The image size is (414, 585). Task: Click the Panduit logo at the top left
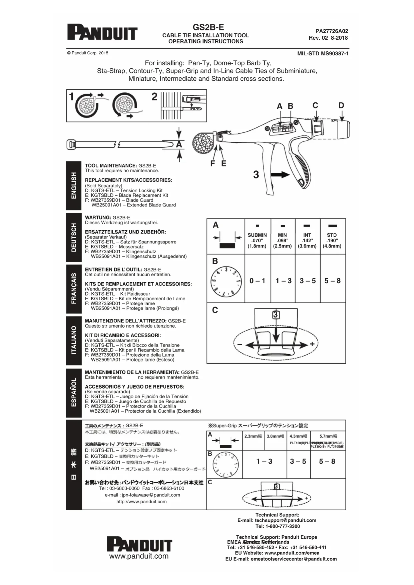pos(102,32)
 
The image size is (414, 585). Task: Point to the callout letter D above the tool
pos(341,106)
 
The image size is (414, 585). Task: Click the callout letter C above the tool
pos(315,106)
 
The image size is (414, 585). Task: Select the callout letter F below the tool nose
pos(213,163)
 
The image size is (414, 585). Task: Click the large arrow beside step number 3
pos(280,174)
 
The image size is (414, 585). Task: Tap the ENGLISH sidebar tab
pos(74,185)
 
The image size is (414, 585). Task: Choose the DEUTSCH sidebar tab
pos(74,237)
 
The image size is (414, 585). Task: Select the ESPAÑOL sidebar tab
pos(74,392)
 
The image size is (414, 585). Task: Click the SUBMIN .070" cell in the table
pos(257,240)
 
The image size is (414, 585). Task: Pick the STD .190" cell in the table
pos(332,240)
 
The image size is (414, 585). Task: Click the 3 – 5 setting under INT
pos(307,281)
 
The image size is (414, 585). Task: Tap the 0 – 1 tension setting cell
pos(257,281)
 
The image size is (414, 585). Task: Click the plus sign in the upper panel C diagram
pos(312,344)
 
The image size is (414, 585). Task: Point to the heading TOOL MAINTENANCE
pos(111,166)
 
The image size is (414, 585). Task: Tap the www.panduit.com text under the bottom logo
pos(139,556)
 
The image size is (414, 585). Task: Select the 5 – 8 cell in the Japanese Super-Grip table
pos(327,462)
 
